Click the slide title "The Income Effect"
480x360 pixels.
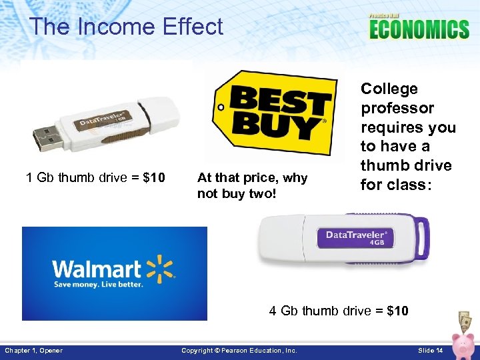pos(126,27)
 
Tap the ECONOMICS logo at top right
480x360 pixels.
pos(419,28)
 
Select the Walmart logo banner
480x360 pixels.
pos(114,273)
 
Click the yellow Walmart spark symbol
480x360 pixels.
pos(160,268)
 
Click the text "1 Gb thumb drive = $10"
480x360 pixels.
pos(95,177)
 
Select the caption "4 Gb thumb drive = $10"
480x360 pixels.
pos(339,311)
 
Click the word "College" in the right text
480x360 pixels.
pos(389,89)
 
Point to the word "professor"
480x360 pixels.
pos(397,108)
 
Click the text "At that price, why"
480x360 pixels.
pos(253,177)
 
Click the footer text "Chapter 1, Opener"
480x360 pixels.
pos(34,351)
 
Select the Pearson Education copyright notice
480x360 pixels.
pos(239,351)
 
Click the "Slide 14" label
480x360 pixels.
pos(431,351)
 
